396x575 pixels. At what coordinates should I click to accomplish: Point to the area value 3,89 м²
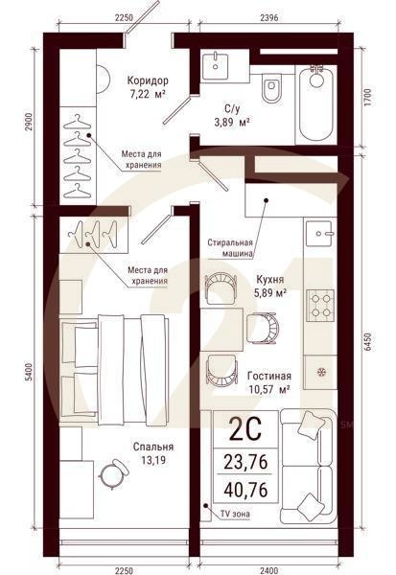point(231,123)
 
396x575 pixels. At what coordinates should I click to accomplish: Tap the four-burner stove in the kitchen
point(319,306)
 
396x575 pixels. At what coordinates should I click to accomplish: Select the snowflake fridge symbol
point(320,371)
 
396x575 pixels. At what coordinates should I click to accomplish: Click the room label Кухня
point(269,280)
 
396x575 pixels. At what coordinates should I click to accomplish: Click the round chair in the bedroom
point(114,471)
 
